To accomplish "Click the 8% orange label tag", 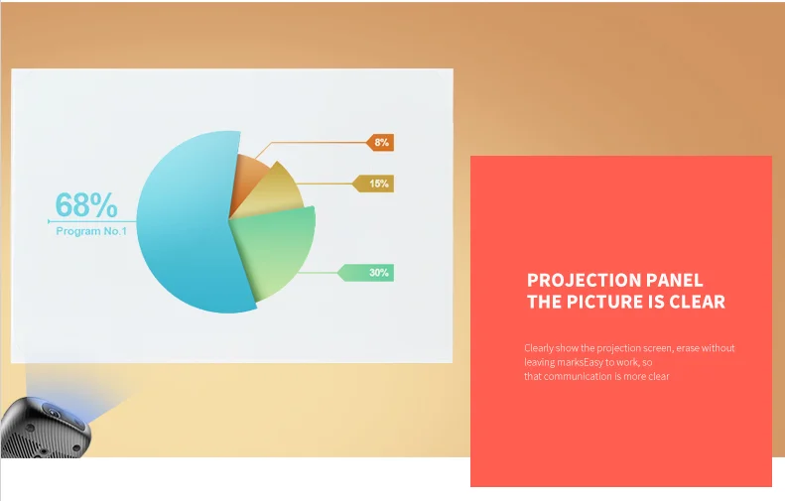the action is click(380, 142).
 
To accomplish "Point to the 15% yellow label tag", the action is click(373, 184).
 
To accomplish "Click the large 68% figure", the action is click(86, 204).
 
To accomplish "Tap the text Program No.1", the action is click(91, 231).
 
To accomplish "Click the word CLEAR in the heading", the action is click(697, 302).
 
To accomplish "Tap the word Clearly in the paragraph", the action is click(539, 348).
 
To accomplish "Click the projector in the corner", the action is click(46, 427).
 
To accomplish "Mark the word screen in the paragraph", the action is click(654, 348).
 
